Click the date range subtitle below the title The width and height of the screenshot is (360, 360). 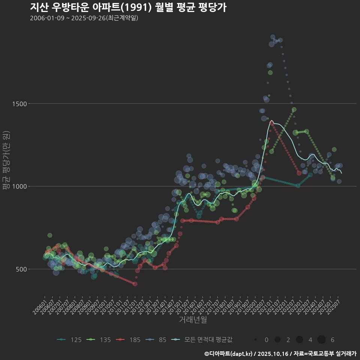click(x=84, y=18)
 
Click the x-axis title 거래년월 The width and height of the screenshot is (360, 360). click(x=193, y=319)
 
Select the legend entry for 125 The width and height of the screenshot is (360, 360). click(x=70, y=340)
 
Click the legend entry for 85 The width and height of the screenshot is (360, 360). click(x=157, y=340)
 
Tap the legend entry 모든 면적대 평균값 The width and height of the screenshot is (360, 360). click(x=202, y=340)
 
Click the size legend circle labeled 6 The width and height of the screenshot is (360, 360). click(x=321, y=340)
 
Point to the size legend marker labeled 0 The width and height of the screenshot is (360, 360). click(x=255, y=340)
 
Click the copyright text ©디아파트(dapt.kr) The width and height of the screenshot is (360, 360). click(x=229, y=354)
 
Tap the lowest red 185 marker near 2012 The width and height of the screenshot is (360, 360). click(x=135, y=284)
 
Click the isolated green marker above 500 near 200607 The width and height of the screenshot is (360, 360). click(x=50, y=235)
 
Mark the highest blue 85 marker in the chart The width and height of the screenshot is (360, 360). click(x=273, y=37)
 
